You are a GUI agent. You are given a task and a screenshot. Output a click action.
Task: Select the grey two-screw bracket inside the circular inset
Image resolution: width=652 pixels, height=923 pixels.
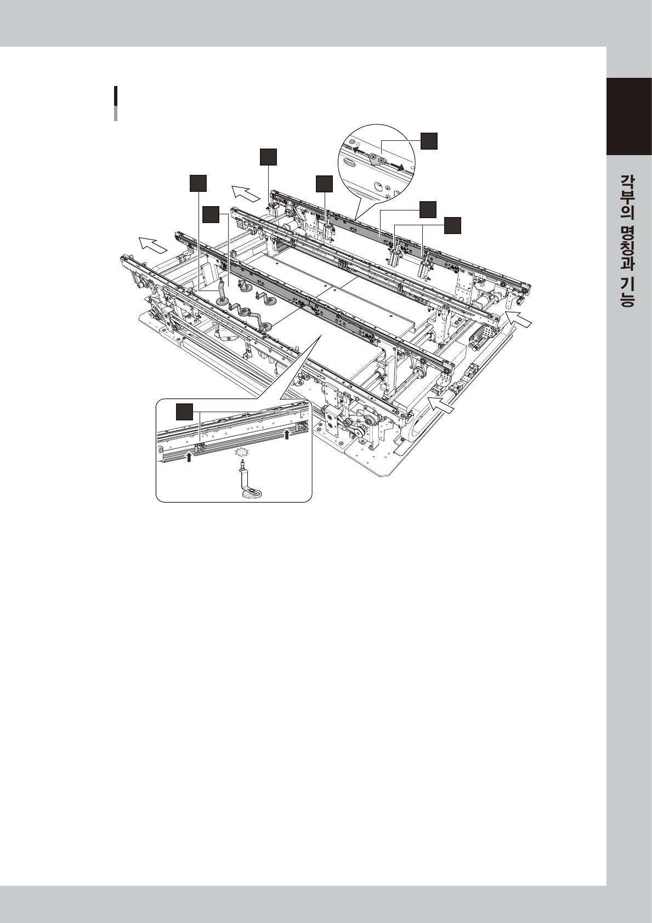378,159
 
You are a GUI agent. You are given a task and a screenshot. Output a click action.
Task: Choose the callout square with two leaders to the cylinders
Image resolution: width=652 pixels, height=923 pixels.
452,225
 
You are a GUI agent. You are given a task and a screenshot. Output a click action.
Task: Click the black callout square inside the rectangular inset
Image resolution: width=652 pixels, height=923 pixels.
184,412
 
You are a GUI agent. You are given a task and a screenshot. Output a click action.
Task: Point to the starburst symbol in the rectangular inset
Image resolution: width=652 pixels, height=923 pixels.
240,453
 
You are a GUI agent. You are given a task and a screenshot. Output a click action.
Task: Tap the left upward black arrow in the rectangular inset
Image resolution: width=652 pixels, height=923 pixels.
189,457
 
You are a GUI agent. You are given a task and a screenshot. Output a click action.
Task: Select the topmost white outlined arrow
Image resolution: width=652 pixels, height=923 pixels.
246,192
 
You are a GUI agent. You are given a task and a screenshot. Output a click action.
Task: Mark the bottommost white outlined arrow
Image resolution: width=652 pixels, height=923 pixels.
444,405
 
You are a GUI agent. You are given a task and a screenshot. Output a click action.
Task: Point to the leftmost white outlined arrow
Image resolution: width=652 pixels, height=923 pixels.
153,244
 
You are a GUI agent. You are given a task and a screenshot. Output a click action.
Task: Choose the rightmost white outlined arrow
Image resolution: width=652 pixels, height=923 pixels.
518,319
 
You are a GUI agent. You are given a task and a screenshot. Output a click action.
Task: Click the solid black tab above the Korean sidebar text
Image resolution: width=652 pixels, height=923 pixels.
629,117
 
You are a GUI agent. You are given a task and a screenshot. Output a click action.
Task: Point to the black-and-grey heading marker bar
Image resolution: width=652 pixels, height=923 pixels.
116,103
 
